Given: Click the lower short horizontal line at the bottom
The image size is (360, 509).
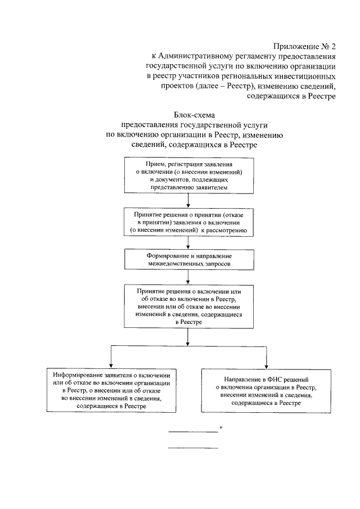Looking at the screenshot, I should point(193,448).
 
